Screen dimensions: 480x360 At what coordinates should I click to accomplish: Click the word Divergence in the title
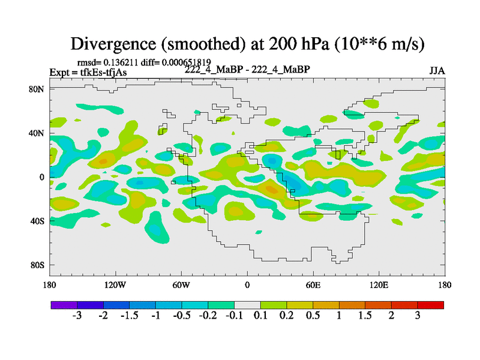point(113,44)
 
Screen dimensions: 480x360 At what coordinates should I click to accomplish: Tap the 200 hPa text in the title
point(299,44)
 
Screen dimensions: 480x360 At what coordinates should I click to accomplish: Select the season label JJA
point(437,71)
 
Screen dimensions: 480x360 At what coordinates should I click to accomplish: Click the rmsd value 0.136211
point(121,62)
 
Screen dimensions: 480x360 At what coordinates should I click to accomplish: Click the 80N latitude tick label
point(37,89)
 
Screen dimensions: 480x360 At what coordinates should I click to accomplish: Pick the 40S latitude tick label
point(37,221)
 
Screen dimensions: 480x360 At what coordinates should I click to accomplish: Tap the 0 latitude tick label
point(41,177)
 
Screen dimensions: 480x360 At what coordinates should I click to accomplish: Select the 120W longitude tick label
point(115,286)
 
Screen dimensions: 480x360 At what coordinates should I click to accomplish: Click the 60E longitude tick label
point(313,286)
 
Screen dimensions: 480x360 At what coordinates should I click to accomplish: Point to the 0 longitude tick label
point(247,286)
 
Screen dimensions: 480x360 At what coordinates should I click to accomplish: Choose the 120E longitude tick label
point(379,286)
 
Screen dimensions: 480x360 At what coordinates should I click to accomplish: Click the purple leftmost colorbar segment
point(64,305)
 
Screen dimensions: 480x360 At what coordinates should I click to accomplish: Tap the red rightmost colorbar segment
point(430,305)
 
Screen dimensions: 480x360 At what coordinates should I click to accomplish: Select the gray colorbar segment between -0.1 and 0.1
point(247,305)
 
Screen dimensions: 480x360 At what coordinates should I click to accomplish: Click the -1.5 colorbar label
point(130,316)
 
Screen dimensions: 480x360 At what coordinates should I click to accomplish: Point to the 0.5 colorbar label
point(313,316)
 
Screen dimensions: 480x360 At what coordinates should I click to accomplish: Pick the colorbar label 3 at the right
point(418,316)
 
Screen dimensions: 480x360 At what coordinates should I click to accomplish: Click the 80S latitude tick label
point(37,265)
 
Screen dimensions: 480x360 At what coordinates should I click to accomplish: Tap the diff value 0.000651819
point(187,62)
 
